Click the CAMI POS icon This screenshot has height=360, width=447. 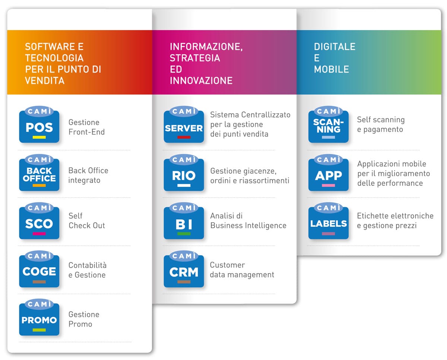coord(39,125)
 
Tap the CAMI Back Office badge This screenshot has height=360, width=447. coord(39,173)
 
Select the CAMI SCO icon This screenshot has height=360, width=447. coord(39,221)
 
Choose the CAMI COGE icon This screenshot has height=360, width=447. coord(39,269)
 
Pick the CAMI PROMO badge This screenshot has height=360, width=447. coord(39,317)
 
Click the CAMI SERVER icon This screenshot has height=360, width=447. coord(184,125)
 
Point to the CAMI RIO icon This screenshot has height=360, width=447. coord(184,173)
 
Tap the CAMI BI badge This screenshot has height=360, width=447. coord(184,221)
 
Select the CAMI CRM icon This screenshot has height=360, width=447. coord(184,269)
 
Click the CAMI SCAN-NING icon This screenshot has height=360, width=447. coord(329,125)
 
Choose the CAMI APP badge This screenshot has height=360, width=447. coord(329,173)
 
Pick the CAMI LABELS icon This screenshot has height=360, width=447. coord(329,221)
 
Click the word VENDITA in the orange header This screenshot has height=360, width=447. coord(45,80)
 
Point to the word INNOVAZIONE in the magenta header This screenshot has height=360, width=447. coord(201,80)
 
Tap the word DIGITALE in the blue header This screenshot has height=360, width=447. coord(335,47)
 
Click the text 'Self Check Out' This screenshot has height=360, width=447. coord(87,221)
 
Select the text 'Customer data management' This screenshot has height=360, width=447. coord(242,270)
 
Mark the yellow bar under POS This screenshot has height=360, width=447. coord(39,137)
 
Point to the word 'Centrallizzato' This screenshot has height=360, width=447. coord(266,115)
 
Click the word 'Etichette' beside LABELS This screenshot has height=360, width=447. coord(372,216)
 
